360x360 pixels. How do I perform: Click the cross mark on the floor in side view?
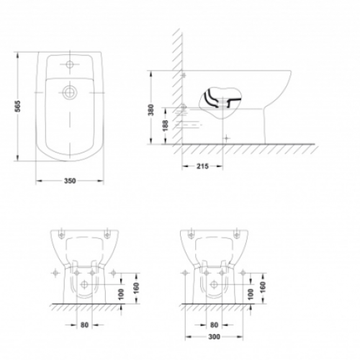(x=226, y=137)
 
